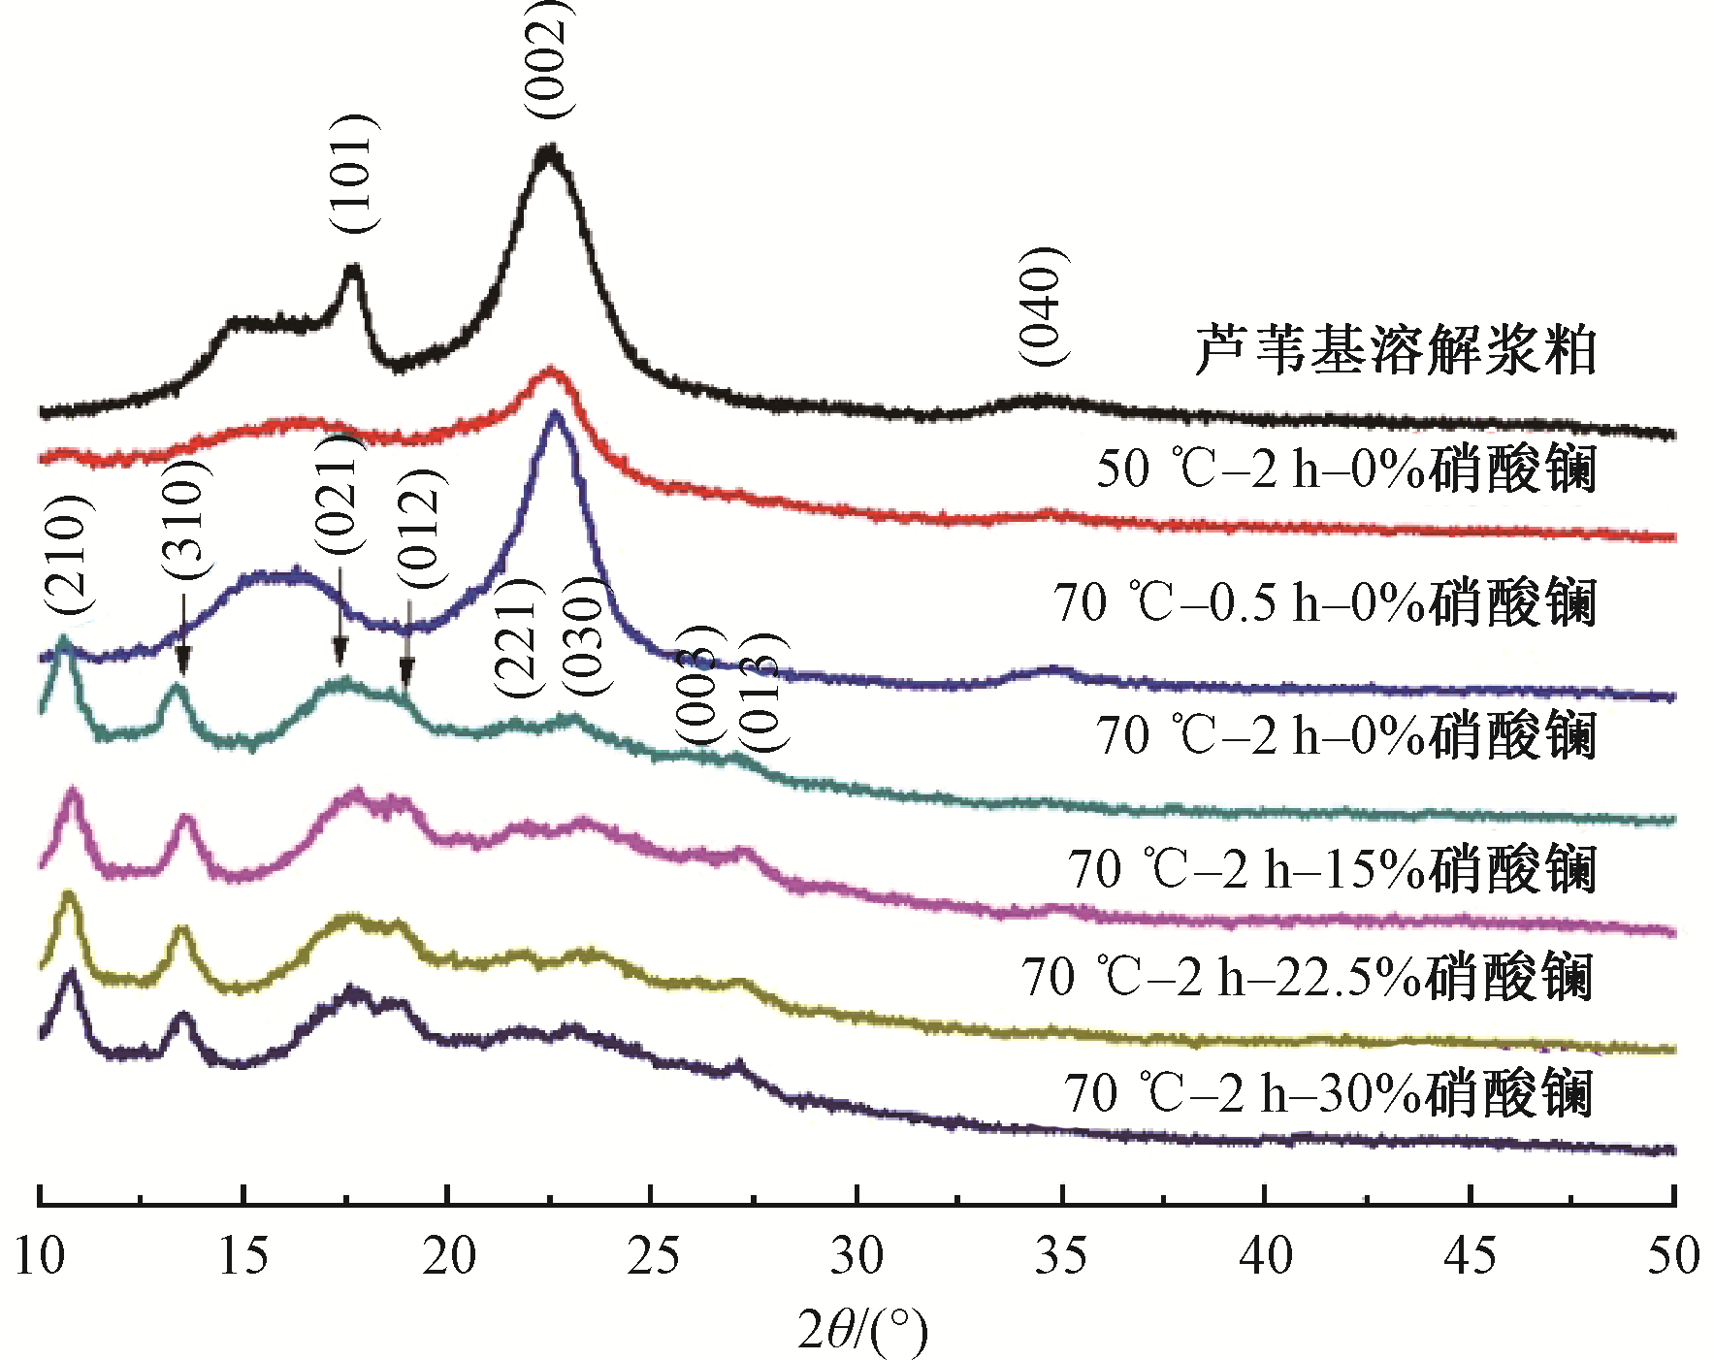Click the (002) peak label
(548, 58)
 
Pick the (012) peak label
(422, 529)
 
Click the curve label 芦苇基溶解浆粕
(1395, 351)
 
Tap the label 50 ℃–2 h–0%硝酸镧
(1346, 470)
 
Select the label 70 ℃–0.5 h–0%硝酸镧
(1325, 602)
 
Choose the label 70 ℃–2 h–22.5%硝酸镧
(1308, 977)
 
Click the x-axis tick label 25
(653, 1256)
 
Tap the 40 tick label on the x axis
(1266, 1256)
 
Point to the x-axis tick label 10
(40, 1256)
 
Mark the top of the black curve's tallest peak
(550, 148)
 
